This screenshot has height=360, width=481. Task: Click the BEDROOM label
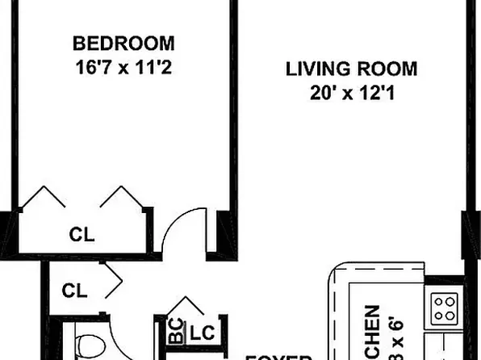coord(123,42)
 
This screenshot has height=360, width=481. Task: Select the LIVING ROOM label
coord(351,69)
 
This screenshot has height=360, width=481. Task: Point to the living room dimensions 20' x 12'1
coord(351,94)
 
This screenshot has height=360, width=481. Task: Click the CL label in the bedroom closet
coord(82,236)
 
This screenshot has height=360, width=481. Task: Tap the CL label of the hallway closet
coord(75,289)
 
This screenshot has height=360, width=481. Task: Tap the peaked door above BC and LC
coord(187,307)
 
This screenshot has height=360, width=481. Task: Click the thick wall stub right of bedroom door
coord(216,234)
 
